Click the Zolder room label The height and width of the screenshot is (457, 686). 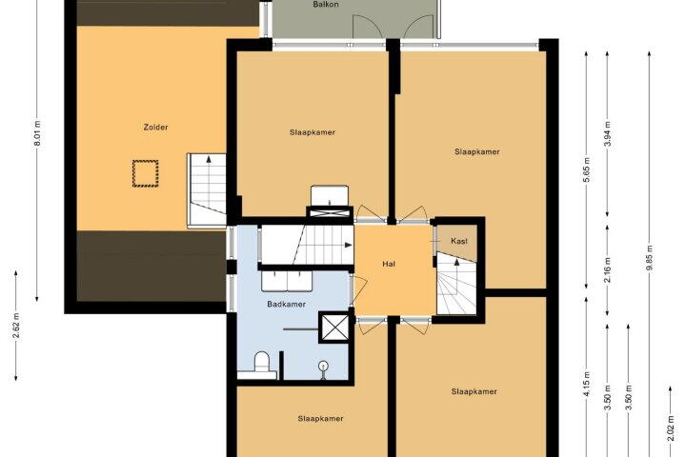click(x=155, y=128)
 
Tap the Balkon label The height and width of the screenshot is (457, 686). click(x=326, y=5)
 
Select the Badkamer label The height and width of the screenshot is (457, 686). click(x=286, y=304)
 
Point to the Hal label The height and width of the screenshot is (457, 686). click(x=389, y=264)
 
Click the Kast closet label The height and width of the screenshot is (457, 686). click(x=459, y=241)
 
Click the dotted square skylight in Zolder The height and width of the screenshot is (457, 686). click(x=145, y=173)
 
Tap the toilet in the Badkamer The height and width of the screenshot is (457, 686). click(x=261, y=364)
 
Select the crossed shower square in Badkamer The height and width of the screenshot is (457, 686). click(x=335, y=327)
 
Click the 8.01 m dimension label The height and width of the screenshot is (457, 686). click(x=37, y=133)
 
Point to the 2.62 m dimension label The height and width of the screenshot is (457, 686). click(x=16, y=326)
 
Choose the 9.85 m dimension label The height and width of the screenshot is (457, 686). click(x=649, y=258)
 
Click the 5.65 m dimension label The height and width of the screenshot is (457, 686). click(x=587, y=169)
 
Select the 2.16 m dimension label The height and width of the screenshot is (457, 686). click(x=607, y=269)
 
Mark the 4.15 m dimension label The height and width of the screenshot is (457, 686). click(x=587, y=384)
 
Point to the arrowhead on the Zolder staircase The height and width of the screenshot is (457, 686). click(x=209, y=159)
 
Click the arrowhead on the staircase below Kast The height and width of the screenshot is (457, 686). click(x=456, y=262)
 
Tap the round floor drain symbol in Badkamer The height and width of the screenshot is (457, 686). click(x=323, y=365)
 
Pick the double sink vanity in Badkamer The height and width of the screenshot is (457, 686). click(x=287, y=281)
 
